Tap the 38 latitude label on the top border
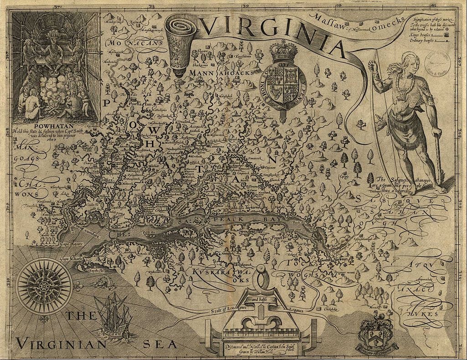(x=151, y=6)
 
